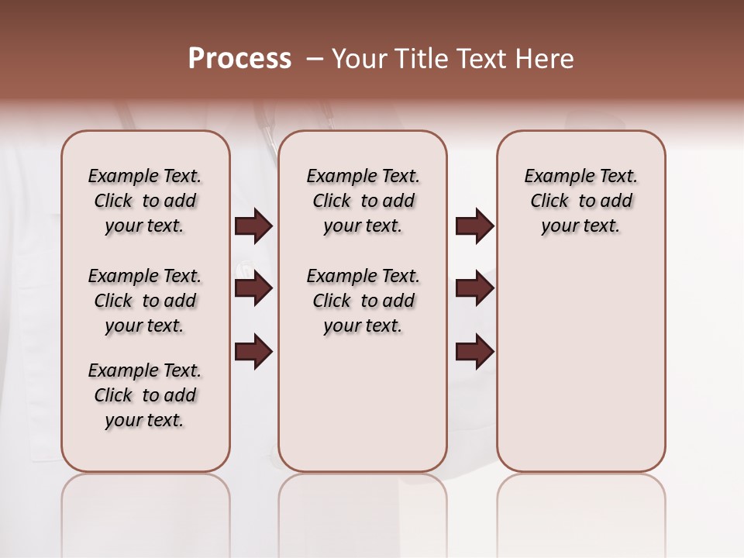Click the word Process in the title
pyautogui.click(x=239, y=59)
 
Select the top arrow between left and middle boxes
pyautogui.click(x=253, y=226)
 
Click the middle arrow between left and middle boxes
pyautogui.click(x=253, y=289)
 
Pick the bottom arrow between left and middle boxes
pyautogui.click(x=253, y=352)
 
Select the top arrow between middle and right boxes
pyautogui.click(x=474, y=226)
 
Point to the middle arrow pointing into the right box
pyautogui.click(x=474, y=289)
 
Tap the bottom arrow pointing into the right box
pyautogui.click(x=474, y=352)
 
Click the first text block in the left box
pyautogui.click(x=145, y=201)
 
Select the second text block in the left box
pyautogui.click(x=145, y=301)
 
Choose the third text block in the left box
pyautogui.click(x=145, y=395)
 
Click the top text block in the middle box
pyautogui.click(x=363, y=201)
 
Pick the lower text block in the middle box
pyautogui.click(x=363, y=301)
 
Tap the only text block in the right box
pyautogui.click(x=580, y=201)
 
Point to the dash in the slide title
pyautogui.click(x=315, y=59)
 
